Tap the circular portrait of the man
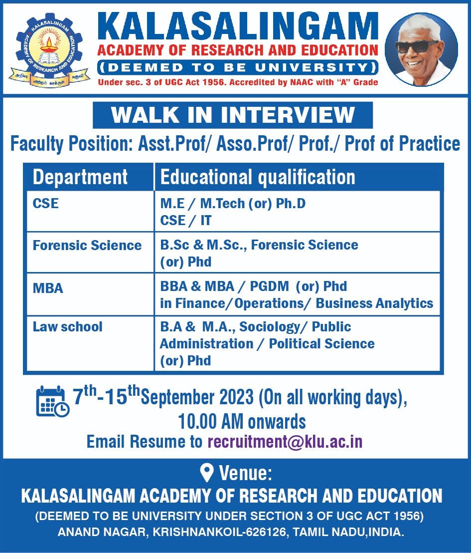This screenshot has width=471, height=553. point(421,50)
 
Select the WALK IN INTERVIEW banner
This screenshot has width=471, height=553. point(232,115)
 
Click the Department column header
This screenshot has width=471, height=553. point(80,177)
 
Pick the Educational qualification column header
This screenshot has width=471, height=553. point(258,177)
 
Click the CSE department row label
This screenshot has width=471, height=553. point(45,204)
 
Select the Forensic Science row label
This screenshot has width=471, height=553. point(87,245)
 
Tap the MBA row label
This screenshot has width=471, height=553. point(47,288)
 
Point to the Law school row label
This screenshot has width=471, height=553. point(67,326)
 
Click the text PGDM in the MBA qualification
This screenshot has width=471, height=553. point(269,286)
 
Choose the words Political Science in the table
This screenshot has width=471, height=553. point(321,343)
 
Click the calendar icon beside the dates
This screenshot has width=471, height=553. point(53,401)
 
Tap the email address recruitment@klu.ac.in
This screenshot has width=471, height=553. point(285,442)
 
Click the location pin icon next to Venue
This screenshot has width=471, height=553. point(206,473)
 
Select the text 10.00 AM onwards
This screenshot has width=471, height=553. point(242,421)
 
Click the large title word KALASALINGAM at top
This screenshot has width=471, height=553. point(238,27)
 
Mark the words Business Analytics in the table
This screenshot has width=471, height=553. point(374,303)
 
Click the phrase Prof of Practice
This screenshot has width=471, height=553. point(402,144)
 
